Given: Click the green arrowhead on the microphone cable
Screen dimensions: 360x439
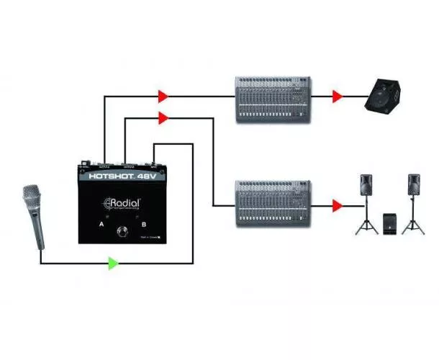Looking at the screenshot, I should click(x=113, y=263).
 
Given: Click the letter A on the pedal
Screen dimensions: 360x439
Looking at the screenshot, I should click(x=101, y=225).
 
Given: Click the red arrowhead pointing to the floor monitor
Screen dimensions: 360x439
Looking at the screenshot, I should click(x=338, y=95).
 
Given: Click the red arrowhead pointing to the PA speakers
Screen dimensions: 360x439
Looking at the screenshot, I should click(x=338, y=206).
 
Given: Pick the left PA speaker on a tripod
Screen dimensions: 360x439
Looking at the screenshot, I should click(x=366, y=187).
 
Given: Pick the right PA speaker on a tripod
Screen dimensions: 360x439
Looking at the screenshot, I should click(x=413, y=187).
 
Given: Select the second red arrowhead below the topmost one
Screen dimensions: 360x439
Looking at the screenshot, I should click(x=164, y=117).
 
